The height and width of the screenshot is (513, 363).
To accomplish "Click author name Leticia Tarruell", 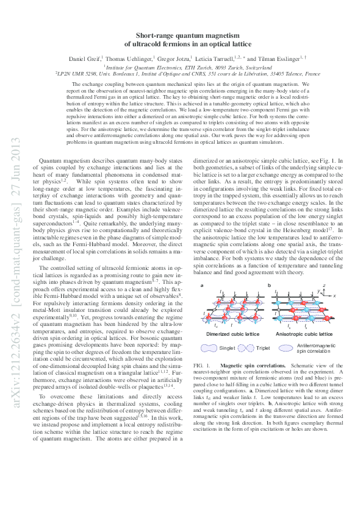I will (210, 58).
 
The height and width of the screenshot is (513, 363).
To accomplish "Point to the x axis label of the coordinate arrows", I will (351, 295).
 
